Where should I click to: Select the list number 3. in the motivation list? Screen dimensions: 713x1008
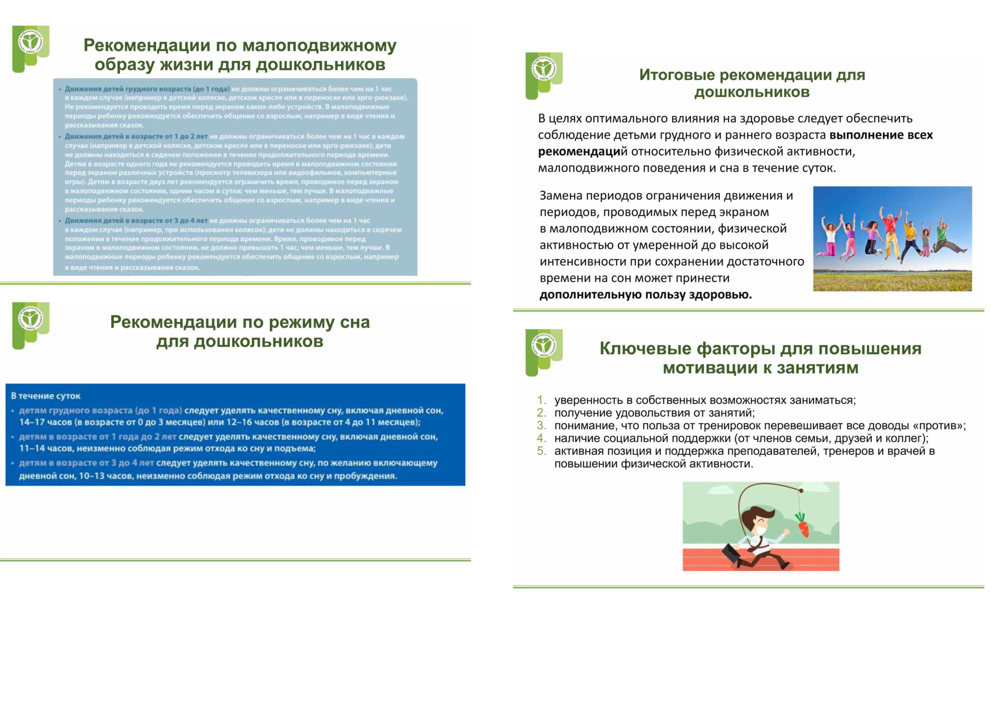pos(541,425)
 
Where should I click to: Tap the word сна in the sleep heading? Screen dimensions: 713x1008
pos(355,322)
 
